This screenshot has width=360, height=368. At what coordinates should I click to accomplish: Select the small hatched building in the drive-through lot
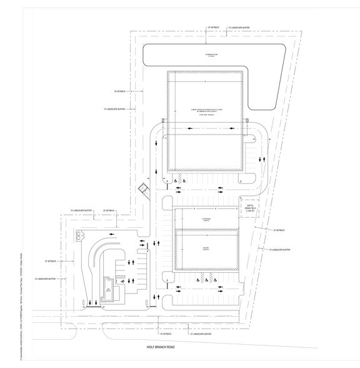click(x=107, y=293)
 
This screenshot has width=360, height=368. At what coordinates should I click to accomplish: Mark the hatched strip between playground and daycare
click(x=206, y=229)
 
